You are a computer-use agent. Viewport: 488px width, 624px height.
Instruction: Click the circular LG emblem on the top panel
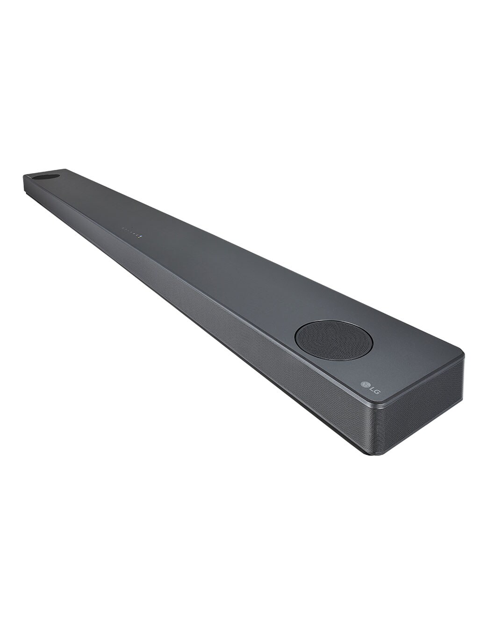[366, 385]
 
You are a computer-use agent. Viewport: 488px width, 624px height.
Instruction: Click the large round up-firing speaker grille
[334, 340]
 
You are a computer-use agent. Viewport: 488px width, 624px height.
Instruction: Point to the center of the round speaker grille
[334, 340]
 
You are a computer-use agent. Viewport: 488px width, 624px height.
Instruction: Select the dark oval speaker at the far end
[46, 177]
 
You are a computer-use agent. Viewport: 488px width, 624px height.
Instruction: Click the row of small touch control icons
[130, 232]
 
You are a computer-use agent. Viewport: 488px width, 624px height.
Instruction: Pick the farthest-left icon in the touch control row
[123, 228]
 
